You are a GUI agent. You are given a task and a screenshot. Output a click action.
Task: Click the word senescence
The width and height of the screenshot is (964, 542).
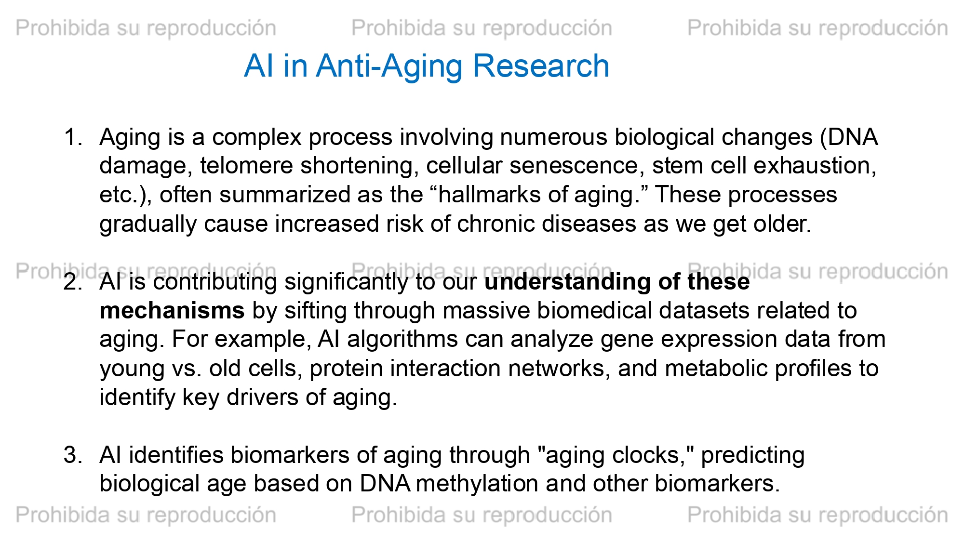click(574, 167)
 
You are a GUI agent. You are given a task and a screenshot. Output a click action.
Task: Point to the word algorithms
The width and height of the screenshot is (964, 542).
click(402, 340)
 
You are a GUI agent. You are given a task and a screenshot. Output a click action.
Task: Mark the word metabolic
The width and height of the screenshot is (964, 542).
click(711, 369)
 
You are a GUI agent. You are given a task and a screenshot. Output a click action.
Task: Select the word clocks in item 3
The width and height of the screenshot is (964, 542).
click(651, 456)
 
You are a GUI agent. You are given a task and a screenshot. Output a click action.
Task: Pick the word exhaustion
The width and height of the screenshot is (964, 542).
click(815, 167)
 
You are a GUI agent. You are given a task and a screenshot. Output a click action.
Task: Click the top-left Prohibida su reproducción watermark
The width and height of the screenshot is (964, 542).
click(146, 28)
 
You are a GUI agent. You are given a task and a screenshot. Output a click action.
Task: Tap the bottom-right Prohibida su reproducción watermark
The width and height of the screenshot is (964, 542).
click(817, 515)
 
